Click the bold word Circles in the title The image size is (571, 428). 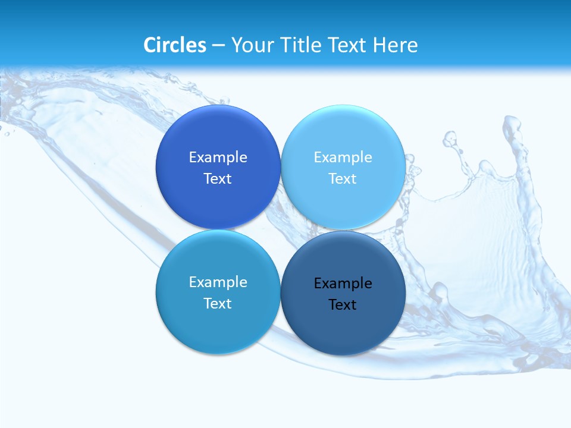click(x=175, y=45)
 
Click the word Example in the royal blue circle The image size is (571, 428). click(x=218, y=157)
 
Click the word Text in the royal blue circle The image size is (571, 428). click(x=218, y=179)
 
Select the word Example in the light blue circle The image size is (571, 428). click(x=343, y=157)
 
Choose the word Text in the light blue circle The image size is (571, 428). click(x=343, y=179)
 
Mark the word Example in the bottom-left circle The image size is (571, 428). click(x=218, y=282)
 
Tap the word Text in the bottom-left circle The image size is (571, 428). click(x=218, y=304)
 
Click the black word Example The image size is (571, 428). click(x=343, y=283)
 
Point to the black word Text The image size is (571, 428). click(x=343, y=305)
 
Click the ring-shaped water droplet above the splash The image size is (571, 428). click(x=450, y=140)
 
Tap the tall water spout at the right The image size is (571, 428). click(x=513, y=155)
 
